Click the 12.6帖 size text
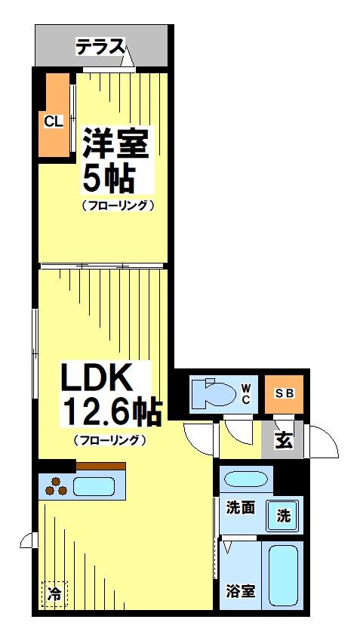[x=112, y=413]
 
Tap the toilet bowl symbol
[x=211, y=393]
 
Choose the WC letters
[x=246, y=394]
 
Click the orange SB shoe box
[x=284, y=393]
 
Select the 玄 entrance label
[x=283, y=440]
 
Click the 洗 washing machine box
[x=283, y=516]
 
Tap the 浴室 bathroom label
[x=241, y=590]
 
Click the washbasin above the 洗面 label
[x=246, y=479]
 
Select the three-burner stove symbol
[x=56, y=487]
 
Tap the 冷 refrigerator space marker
[x=53, y=593]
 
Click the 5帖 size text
[x=107, y=179]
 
